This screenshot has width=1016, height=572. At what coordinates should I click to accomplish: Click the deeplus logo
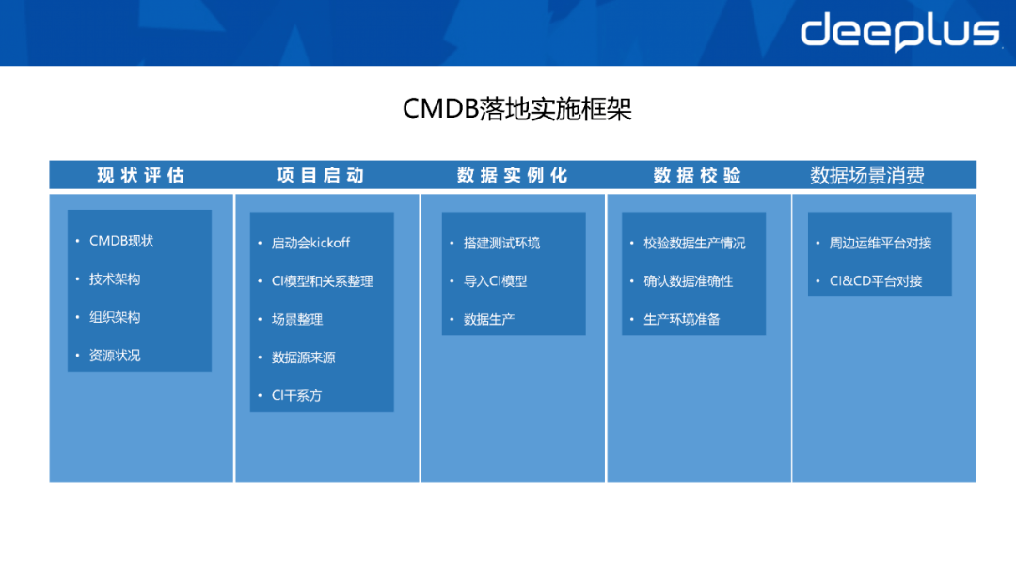898,31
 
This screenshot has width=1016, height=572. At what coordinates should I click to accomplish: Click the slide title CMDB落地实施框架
516,109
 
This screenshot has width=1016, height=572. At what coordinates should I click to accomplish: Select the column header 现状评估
141,175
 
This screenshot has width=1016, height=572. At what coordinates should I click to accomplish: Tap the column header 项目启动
320,175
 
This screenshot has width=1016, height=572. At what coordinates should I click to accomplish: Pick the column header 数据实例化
512,175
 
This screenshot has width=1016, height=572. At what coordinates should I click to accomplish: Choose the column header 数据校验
697,175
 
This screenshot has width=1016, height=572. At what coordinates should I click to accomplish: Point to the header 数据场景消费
867,175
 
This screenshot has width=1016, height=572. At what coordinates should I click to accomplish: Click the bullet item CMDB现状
121,241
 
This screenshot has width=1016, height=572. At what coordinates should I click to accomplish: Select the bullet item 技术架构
115,279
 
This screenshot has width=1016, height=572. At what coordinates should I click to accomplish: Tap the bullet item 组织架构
115,317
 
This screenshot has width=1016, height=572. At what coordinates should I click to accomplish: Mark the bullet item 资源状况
115,356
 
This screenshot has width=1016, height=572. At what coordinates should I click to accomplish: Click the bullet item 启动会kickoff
310,243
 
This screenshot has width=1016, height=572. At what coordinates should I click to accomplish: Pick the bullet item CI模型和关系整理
322,281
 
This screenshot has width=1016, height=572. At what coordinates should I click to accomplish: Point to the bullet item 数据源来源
303,357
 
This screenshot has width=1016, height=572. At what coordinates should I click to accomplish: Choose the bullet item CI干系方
296,395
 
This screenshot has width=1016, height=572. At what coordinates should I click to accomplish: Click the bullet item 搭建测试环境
501,243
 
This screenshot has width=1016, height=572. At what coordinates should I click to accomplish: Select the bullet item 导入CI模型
495,281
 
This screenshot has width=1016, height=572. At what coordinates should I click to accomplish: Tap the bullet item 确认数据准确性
688,281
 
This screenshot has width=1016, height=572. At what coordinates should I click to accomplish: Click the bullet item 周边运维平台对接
880,243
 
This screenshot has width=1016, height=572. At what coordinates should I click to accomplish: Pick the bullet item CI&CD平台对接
875,281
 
